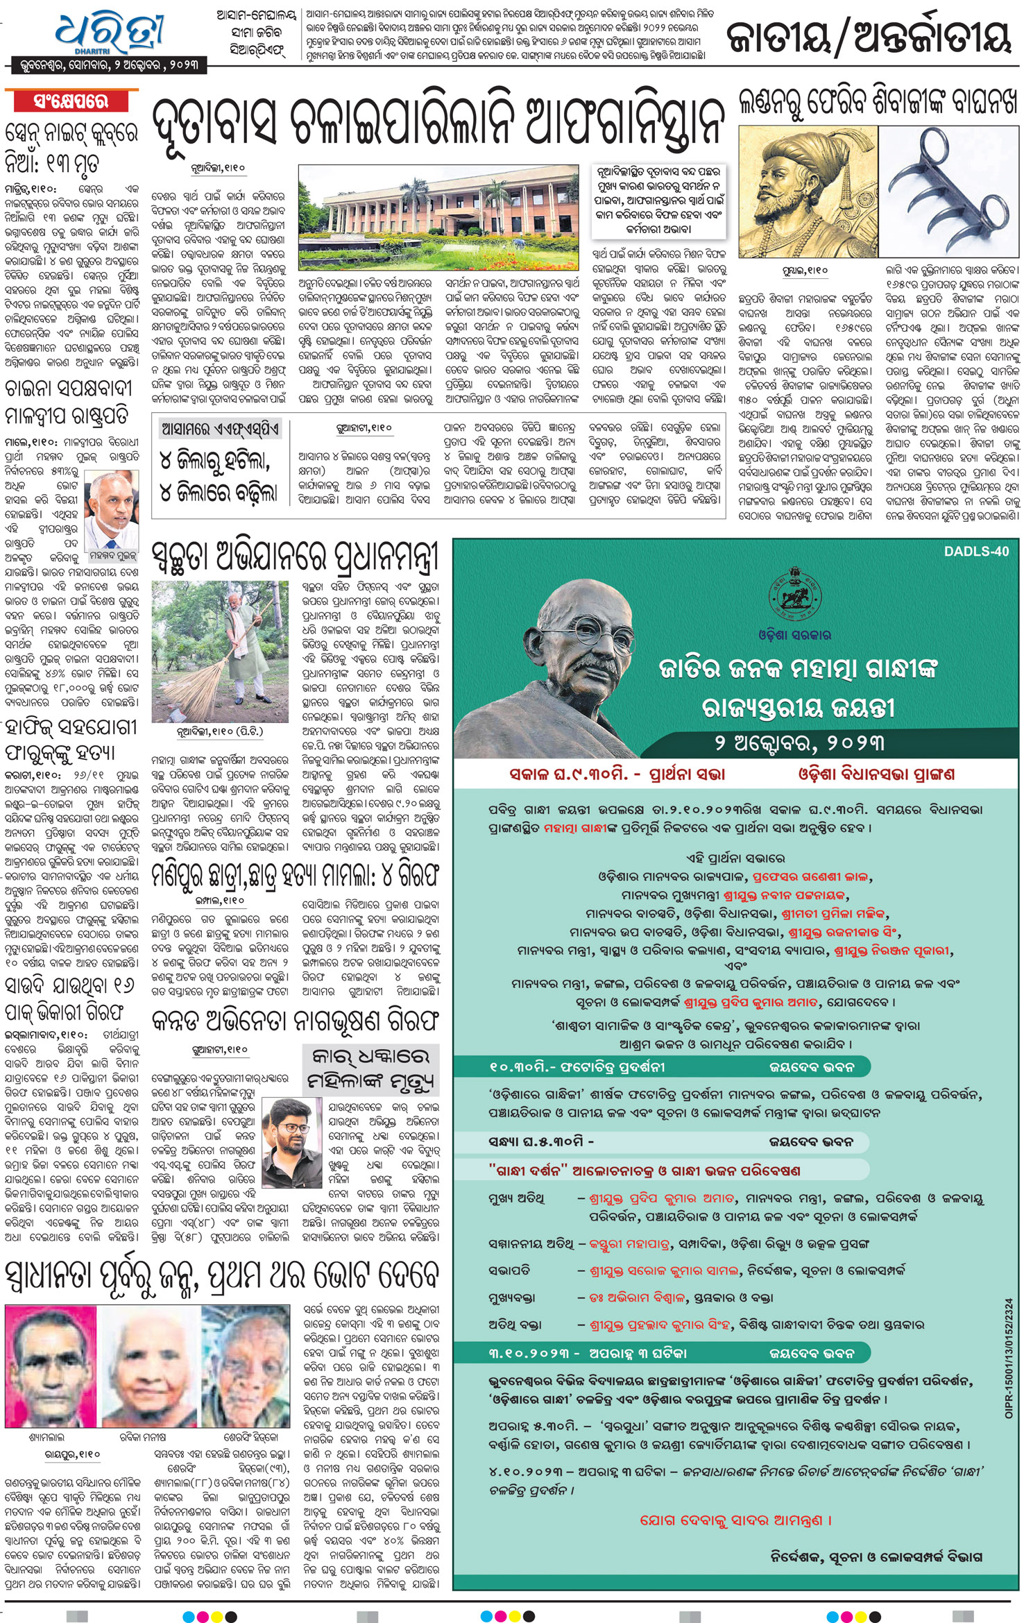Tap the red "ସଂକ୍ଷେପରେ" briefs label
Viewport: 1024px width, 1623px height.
(71, 101)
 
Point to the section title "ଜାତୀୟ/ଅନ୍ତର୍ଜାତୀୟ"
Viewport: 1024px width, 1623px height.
(869, 39)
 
